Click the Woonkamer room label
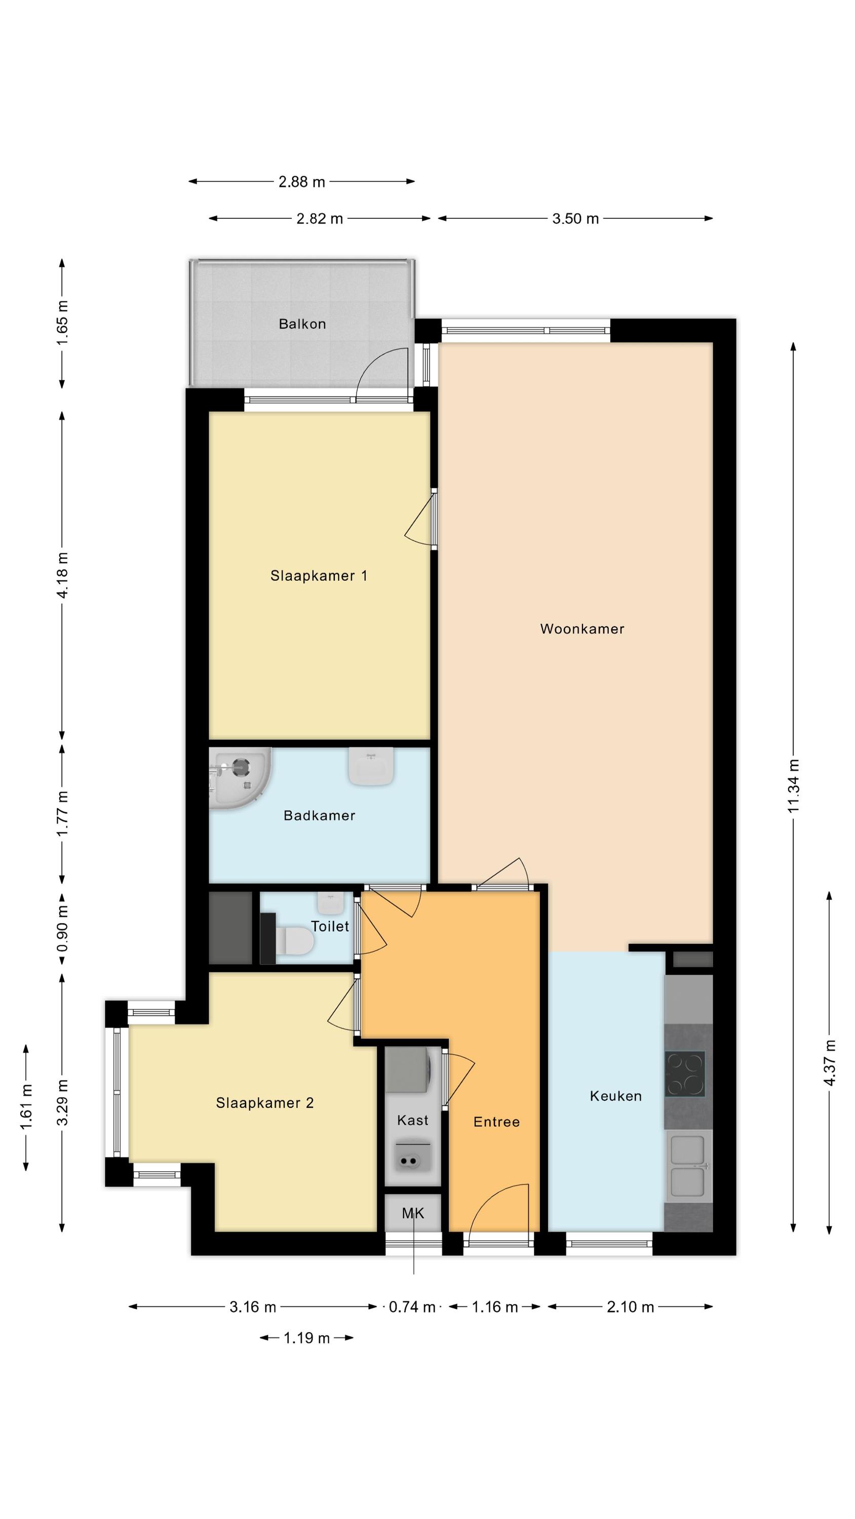(582, 628)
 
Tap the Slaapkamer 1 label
(319, 576)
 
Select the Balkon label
(302, 324)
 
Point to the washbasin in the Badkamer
(371, 766)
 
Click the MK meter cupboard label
(412, 1213)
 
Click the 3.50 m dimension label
(575, 219)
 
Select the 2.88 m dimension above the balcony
(301, 182)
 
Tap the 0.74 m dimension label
(412, 1307)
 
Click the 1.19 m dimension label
(306, 1338)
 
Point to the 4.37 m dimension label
(830, 1063)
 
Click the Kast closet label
(412, 1120)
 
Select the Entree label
(496, 1122)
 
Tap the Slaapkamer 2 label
(264, 1103)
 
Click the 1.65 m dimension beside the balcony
(62, 323)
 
